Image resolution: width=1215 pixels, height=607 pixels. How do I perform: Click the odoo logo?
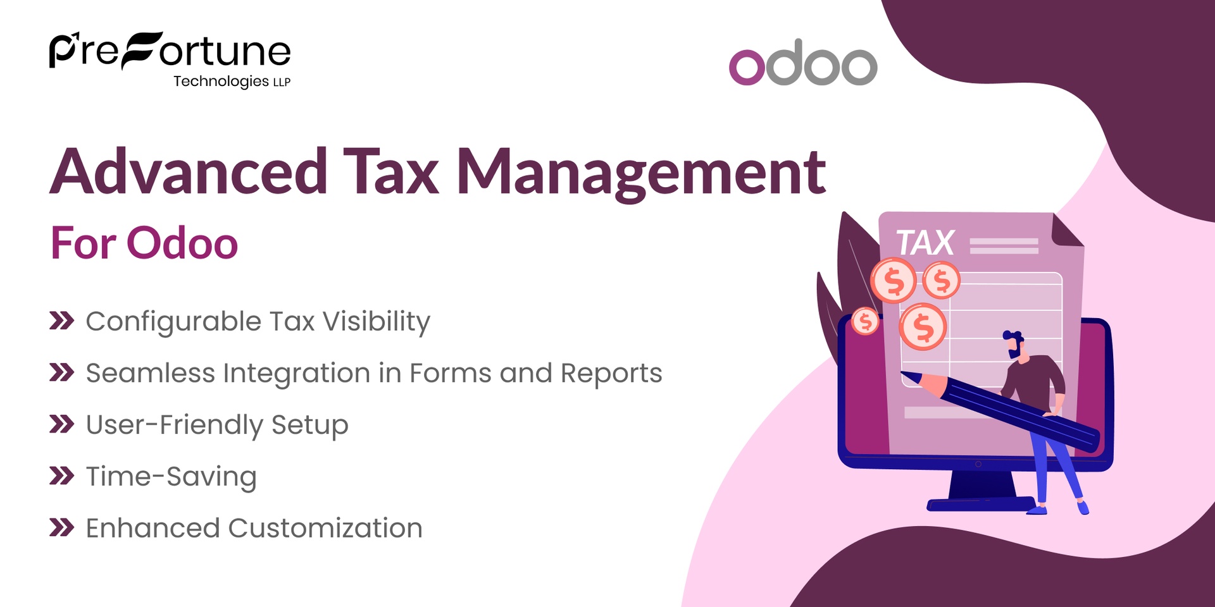click(x=803, y=63)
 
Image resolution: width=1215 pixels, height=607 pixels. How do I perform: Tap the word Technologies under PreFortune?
click(x=221, y=82)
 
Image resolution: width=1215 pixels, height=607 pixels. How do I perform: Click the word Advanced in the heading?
click(x=189, y=172)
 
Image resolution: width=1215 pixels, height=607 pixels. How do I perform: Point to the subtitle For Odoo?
click(x=144, y=243)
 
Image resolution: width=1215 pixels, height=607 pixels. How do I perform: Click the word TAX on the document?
click(x=925, y=243)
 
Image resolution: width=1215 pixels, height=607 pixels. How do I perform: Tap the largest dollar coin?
click(x=923, y=327)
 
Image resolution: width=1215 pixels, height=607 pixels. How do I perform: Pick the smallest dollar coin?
click(x=865, y=321)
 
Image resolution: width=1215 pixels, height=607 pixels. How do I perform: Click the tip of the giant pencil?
click(x=905, y=375)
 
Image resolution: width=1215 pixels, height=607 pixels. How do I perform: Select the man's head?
click(x=1014, y=345)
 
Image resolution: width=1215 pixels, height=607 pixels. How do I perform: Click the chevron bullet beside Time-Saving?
click(x=61, y=475)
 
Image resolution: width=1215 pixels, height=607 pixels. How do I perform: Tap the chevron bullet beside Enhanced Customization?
click(x=61, y=527)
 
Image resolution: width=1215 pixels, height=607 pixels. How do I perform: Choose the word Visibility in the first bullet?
click(x=377, y=322)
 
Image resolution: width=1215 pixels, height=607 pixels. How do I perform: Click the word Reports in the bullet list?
click(x=611, y=373)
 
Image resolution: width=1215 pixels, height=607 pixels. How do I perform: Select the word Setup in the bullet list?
click(x=309, y=425)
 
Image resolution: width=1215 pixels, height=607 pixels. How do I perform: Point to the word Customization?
click(x=325, y=528)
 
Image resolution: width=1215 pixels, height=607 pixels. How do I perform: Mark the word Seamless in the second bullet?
click(x=150, y=373)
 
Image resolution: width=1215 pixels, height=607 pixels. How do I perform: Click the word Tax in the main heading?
click(x=391, y=172)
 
